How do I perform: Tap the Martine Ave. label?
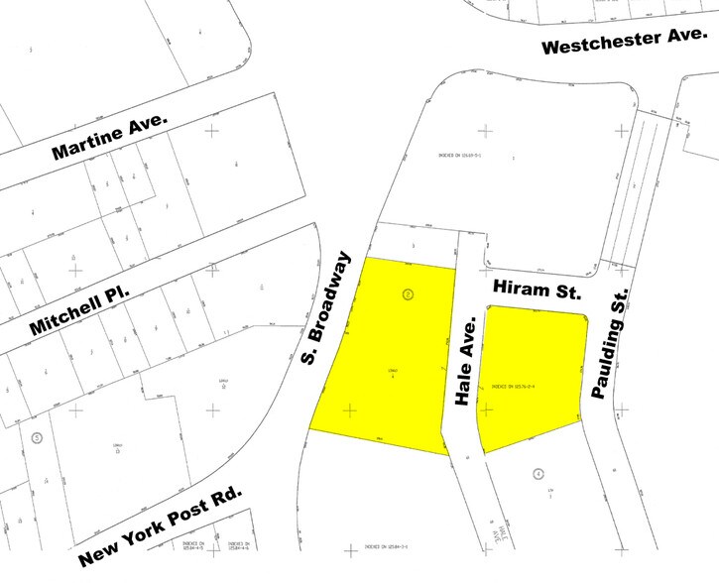point(111,136)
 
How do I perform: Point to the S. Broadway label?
point(327,307)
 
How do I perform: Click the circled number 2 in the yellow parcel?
point(408,293)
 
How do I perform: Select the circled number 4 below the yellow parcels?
point(537,474)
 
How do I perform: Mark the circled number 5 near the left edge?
point(37,437)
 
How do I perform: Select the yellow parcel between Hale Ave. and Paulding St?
point(531,372)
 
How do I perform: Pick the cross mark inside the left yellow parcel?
point(348,408)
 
